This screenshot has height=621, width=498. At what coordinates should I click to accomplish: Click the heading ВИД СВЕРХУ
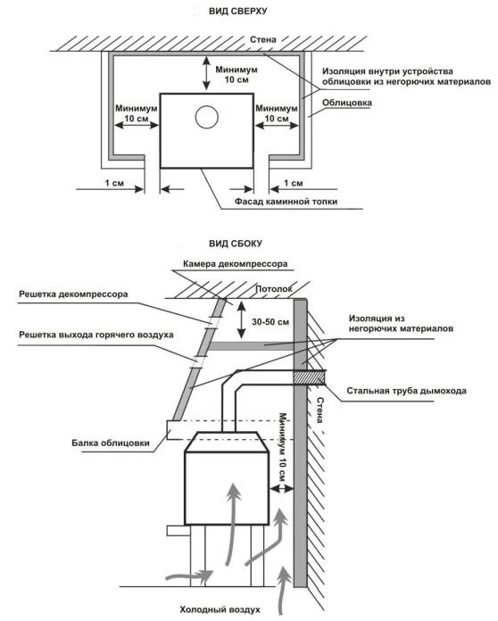(x=237, y=12)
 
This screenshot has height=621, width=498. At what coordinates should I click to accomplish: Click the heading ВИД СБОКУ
(x=236, y=244)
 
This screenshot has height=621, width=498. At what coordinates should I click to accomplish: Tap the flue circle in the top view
(x=207, y=117)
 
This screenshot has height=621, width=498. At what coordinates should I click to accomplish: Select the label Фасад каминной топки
(x=286, y=201)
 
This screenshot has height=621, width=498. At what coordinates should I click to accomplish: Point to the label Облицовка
(x=346, y=103)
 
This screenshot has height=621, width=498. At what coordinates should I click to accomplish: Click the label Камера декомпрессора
(x=235, y=264)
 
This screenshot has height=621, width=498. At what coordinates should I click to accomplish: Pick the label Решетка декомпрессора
(x=73, y=294)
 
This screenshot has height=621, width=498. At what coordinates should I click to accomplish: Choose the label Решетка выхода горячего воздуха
(x=96, y=335)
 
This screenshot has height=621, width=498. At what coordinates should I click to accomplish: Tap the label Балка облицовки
(x=111, y=443)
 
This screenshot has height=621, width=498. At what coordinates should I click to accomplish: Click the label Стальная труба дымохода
(x=406, y=391)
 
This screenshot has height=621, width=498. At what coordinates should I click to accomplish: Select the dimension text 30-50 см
(x=270, y=322)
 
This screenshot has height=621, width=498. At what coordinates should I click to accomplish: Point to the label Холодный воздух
(x=220, y=609)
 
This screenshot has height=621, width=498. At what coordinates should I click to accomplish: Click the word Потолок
(x=274, y=289)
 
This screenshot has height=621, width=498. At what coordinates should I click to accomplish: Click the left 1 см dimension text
(x=114, y=183)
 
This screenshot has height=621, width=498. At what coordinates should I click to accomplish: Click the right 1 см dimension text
(x=293, y=183)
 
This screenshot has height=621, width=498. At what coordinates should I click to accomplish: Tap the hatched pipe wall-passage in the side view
(x=310, y=377)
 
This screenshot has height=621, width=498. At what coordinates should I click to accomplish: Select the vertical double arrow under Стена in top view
(x=206, y=73)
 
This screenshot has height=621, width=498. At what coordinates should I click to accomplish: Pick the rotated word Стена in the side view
(x=320, y=410)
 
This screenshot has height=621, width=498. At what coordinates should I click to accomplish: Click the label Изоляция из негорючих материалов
(x=401, y=324)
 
